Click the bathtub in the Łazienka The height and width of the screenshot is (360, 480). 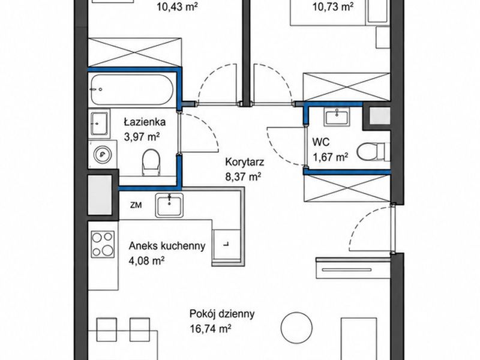[131, 89]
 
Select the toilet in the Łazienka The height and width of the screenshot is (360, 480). [151, 162]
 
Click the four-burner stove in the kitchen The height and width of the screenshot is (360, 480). [103, 244]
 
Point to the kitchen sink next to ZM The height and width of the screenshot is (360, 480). [169, 205]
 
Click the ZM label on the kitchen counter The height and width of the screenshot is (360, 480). [136, 205]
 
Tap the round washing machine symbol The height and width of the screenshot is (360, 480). [102, 154]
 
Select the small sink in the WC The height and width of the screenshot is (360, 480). [337, 117]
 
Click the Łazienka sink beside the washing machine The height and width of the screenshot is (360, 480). [99, 124]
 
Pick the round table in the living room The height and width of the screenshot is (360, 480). [296, 328]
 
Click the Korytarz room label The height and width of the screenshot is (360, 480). [244, 162]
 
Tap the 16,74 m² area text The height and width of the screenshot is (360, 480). [211, 329]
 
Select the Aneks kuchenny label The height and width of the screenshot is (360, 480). [167, 246]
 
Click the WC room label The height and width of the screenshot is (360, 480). [321, 142]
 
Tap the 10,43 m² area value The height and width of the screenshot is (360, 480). [176, 7]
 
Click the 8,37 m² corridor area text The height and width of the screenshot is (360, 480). [243, 176]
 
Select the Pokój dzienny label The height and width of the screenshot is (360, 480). [222, 314]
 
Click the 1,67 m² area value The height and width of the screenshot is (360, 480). [330, 157]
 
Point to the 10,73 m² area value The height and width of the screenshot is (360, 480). [333, 7]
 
